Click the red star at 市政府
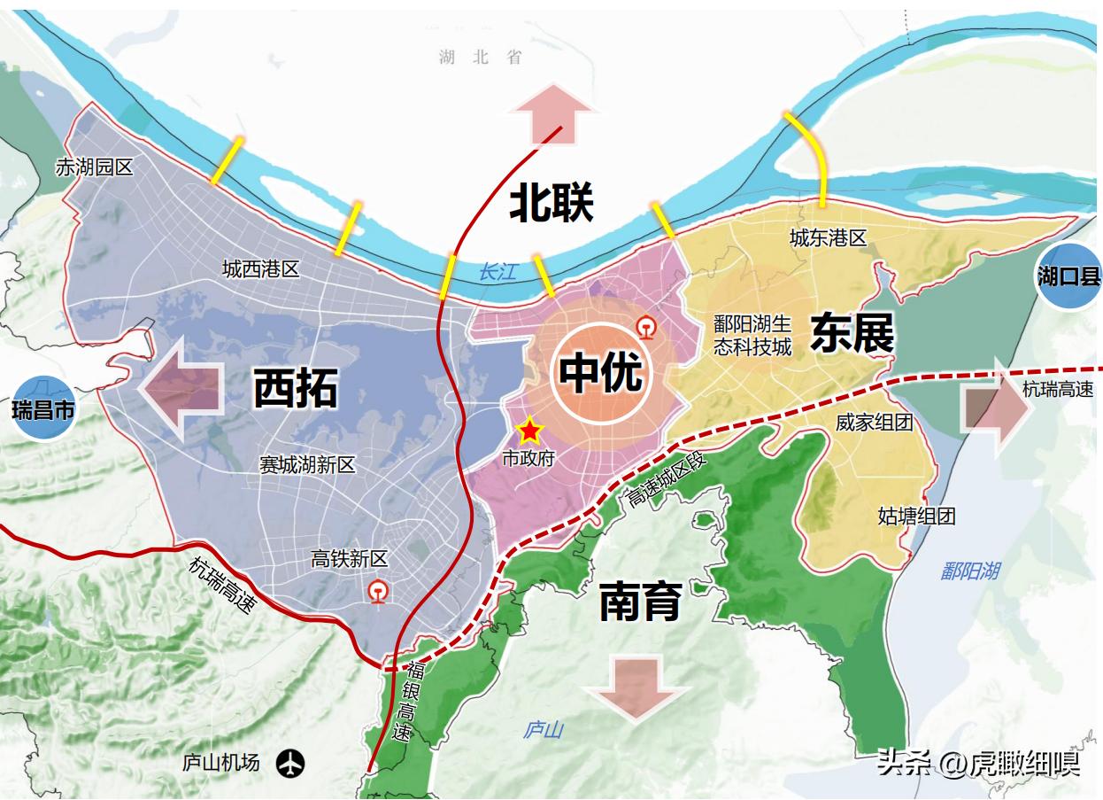[x=529, y=431]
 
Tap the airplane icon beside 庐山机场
[x=289, y=762]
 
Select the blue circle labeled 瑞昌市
[x=44, y=408]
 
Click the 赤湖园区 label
[x=94, y=167]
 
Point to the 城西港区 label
[x=261, y=268]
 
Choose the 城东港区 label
[x=828, y=237]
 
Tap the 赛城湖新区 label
[x=307, y=464]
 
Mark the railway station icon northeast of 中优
[x=648, y=329]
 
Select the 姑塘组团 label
[x=916, y=516]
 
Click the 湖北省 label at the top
[x=481, y=58]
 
